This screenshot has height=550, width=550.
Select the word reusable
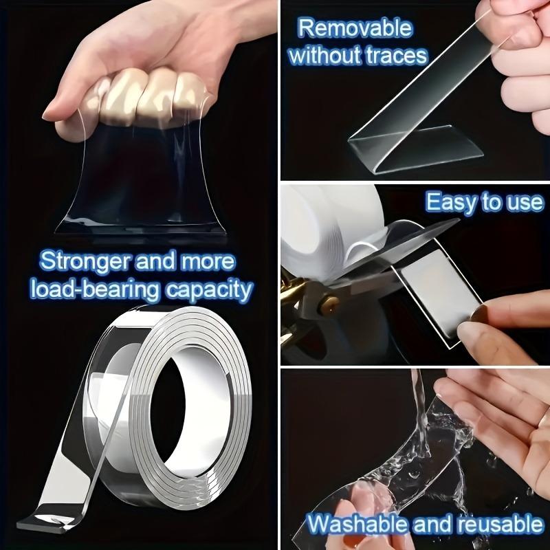click(492, 524)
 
